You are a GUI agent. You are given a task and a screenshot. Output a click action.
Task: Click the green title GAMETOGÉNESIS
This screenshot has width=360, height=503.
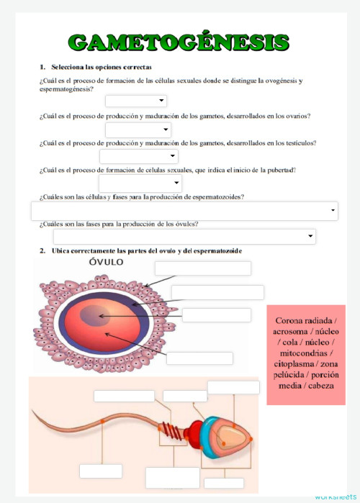[180, 42]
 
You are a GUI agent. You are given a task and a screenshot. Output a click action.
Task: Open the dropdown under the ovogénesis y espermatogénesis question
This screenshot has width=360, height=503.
[136, 101]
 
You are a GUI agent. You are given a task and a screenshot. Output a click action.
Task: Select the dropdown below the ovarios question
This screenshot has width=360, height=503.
[138, 130]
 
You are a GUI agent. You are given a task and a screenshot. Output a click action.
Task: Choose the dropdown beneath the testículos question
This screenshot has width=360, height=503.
[138, 156]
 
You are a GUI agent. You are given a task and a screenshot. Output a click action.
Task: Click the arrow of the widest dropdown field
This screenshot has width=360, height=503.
[333, 211]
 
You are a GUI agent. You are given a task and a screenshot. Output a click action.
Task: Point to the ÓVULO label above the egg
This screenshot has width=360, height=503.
[106, 262]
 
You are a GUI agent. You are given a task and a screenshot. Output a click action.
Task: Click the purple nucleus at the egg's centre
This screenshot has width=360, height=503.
[91, 316]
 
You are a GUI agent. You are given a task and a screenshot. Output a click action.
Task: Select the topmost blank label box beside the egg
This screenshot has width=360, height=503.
[203, 268]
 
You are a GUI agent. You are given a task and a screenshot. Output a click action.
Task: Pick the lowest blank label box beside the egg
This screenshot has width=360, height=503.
[199, 358]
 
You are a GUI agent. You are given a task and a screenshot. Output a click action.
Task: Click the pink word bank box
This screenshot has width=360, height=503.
[306, 355]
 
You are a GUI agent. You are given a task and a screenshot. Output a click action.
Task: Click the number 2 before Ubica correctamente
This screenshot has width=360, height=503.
[42, 250]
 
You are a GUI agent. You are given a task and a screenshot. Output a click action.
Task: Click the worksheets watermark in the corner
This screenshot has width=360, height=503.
[334, 497]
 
